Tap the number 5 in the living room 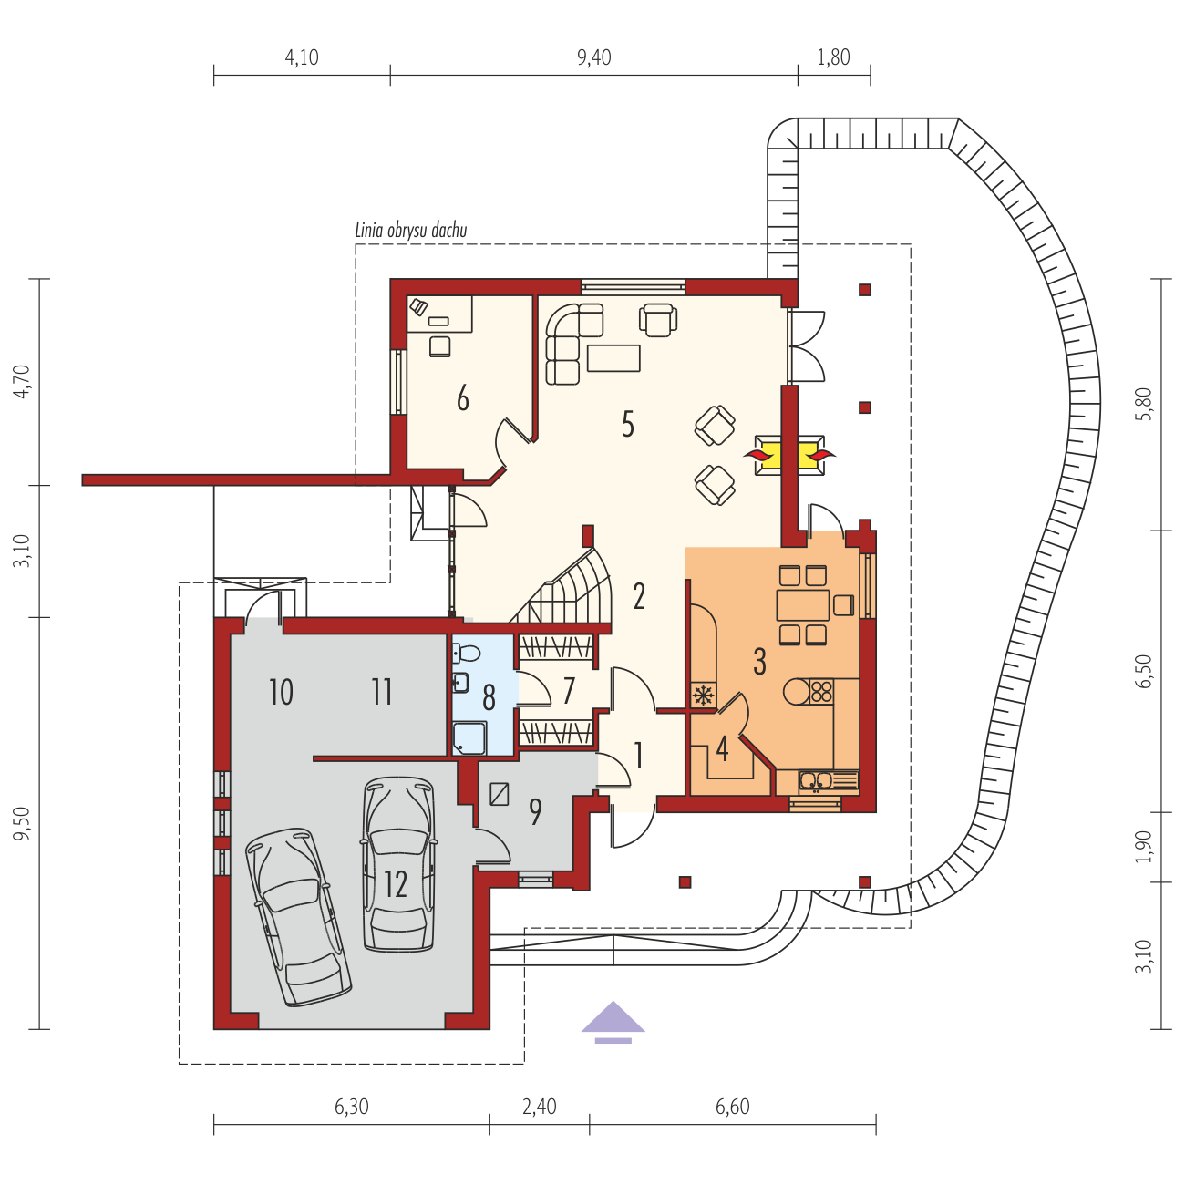click(x=627, y=424)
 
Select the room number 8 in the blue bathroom click(x=489, y=697)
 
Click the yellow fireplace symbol click(x=789, y=455)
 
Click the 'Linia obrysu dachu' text click(x=411, y=230)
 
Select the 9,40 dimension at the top click(x=594, y=57)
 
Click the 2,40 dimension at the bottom click(x=539, y=1107)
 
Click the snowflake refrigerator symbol click(x=701, y=695)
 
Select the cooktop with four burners click(x=821, y=691)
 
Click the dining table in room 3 click(x=803, y=605)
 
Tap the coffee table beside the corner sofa click(x=613, y=358)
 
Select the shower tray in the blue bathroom click(x=469, y=738)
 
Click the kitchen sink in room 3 click(x=816, y=780)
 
